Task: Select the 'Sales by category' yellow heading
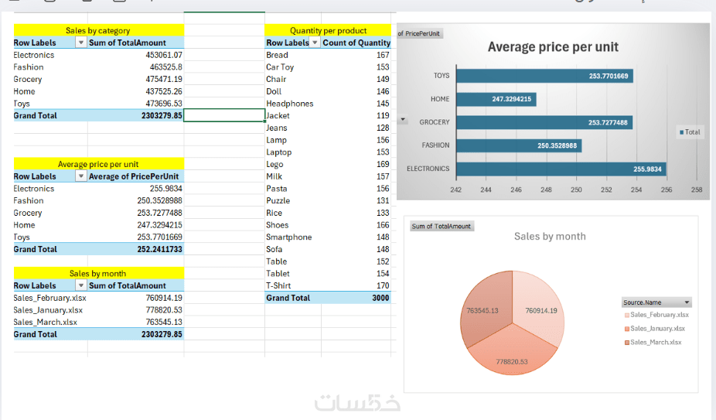[98, 31]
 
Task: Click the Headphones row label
[290, 104]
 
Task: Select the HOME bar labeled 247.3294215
[496, 99]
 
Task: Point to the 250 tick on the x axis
[576, 190]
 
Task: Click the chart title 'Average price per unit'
[553, 47]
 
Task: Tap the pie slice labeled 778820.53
[512, 352]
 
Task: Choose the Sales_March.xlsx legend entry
[656, 342]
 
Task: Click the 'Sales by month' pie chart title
[550, 237]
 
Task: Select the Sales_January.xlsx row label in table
[48, 310]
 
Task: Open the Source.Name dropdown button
[687, 302]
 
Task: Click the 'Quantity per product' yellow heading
[328, 31]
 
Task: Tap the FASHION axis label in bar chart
[435, 145]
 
